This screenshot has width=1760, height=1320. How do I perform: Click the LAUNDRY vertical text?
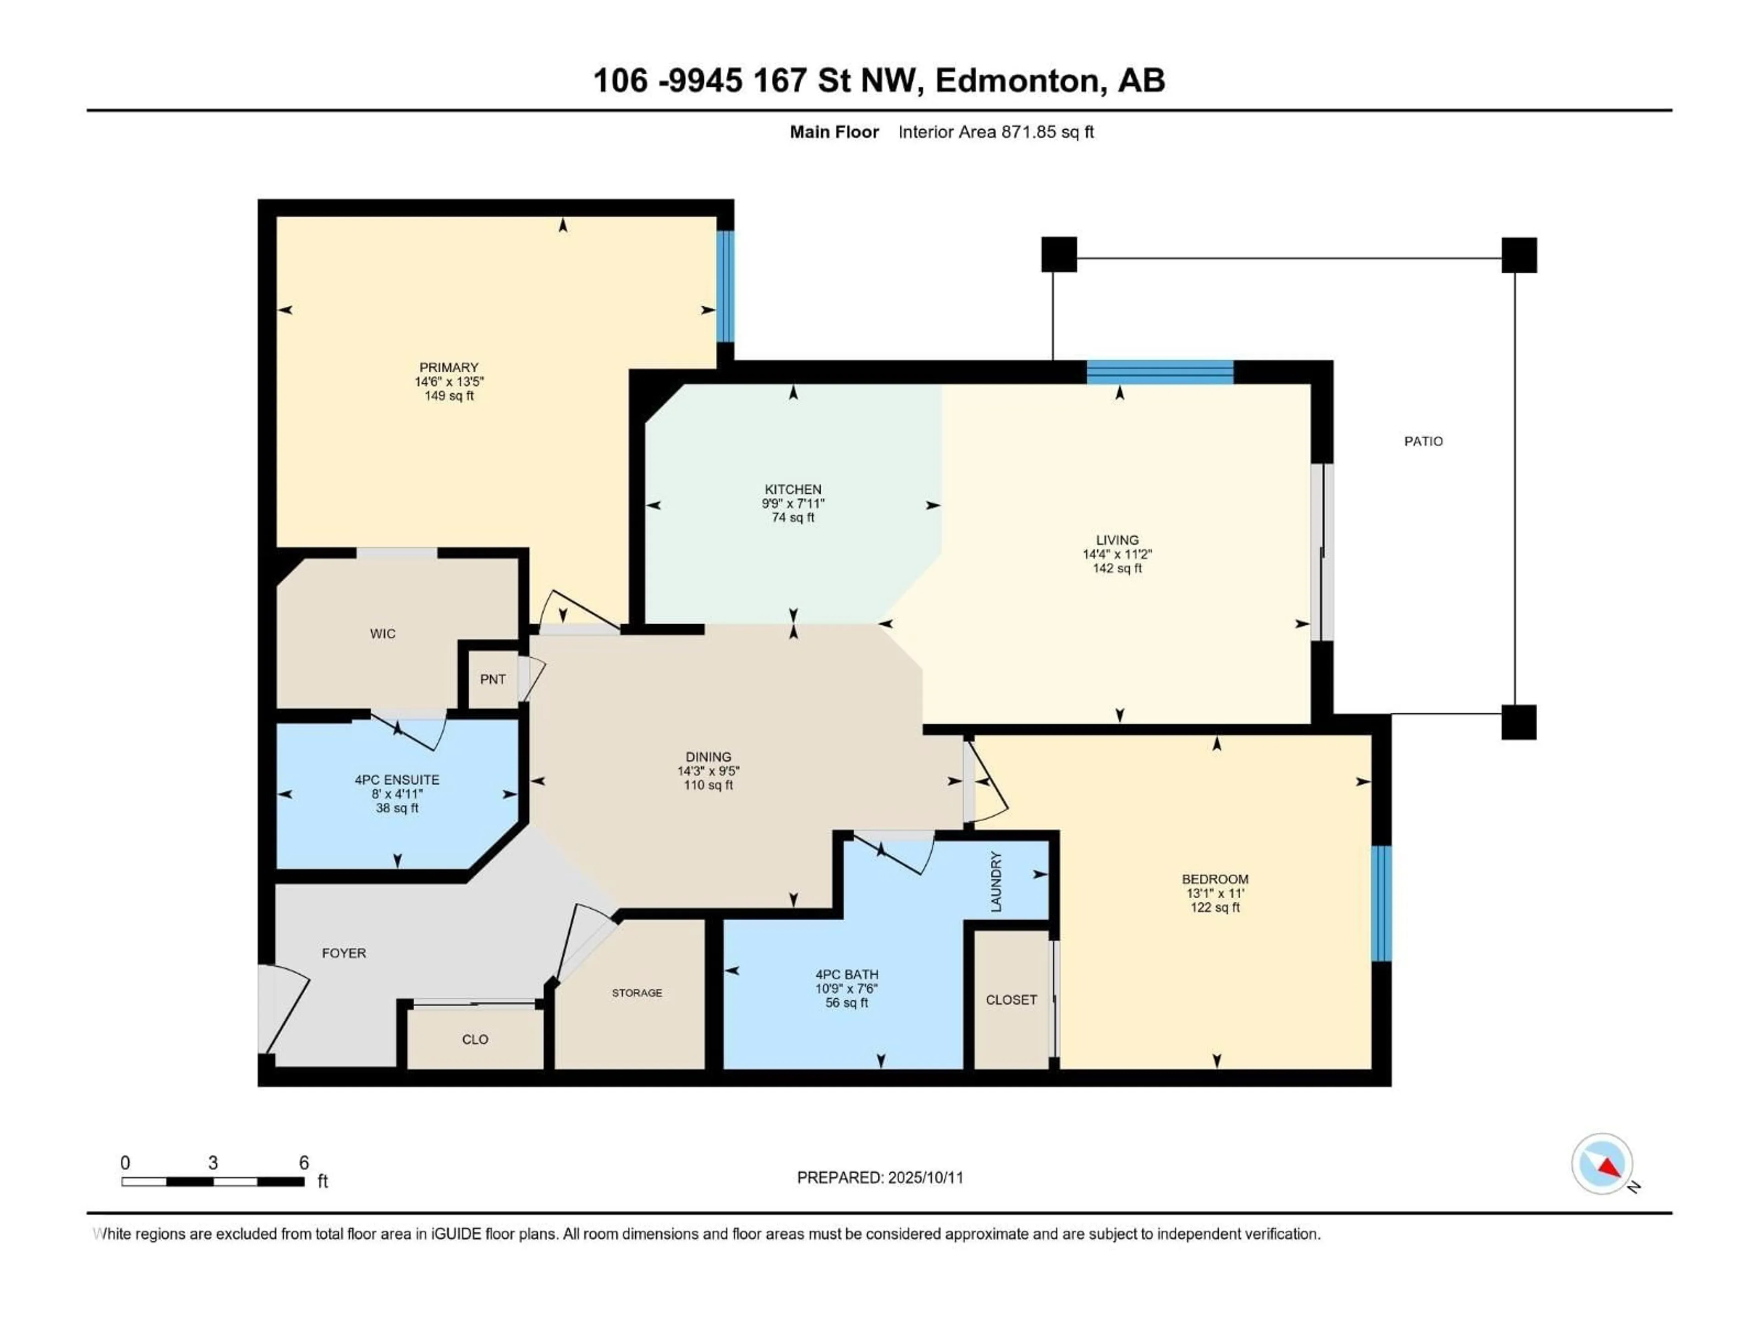996,881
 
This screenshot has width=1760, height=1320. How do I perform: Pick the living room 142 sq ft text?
1117,568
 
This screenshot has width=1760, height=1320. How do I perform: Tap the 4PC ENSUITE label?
397,780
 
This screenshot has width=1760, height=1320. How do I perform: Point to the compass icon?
1602,1164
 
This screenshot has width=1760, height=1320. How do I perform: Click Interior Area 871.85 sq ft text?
995,132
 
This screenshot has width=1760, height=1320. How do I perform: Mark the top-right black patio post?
1519,255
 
